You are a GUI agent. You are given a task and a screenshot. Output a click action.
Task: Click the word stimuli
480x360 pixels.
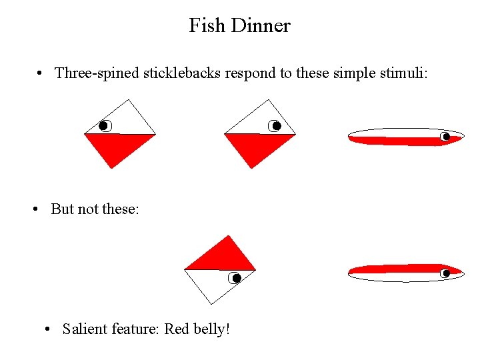point(403,73)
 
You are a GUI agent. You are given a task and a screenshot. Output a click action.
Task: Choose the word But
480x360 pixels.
point(62,209)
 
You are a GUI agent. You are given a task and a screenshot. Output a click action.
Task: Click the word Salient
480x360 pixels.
point(85,329)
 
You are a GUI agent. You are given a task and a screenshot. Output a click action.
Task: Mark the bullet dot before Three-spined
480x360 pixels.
point(41,73)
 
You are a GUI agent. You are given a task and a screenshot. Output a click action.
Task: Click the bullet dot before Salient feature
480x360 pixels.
point(48,329)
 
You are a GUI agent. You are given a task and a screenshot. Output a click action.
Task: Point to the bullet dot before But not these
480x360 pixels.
point(37,209)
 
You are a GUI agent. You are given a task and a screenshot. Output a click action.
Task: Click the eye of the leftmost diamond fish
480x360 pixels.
point(103,125)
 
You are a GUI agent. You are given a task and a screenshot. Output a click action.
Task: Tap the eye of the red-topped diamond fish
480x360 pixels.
point(235,278)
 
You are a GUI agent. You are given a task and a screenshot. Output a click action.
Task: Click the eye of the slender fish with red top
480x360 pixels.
point(445,273)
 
